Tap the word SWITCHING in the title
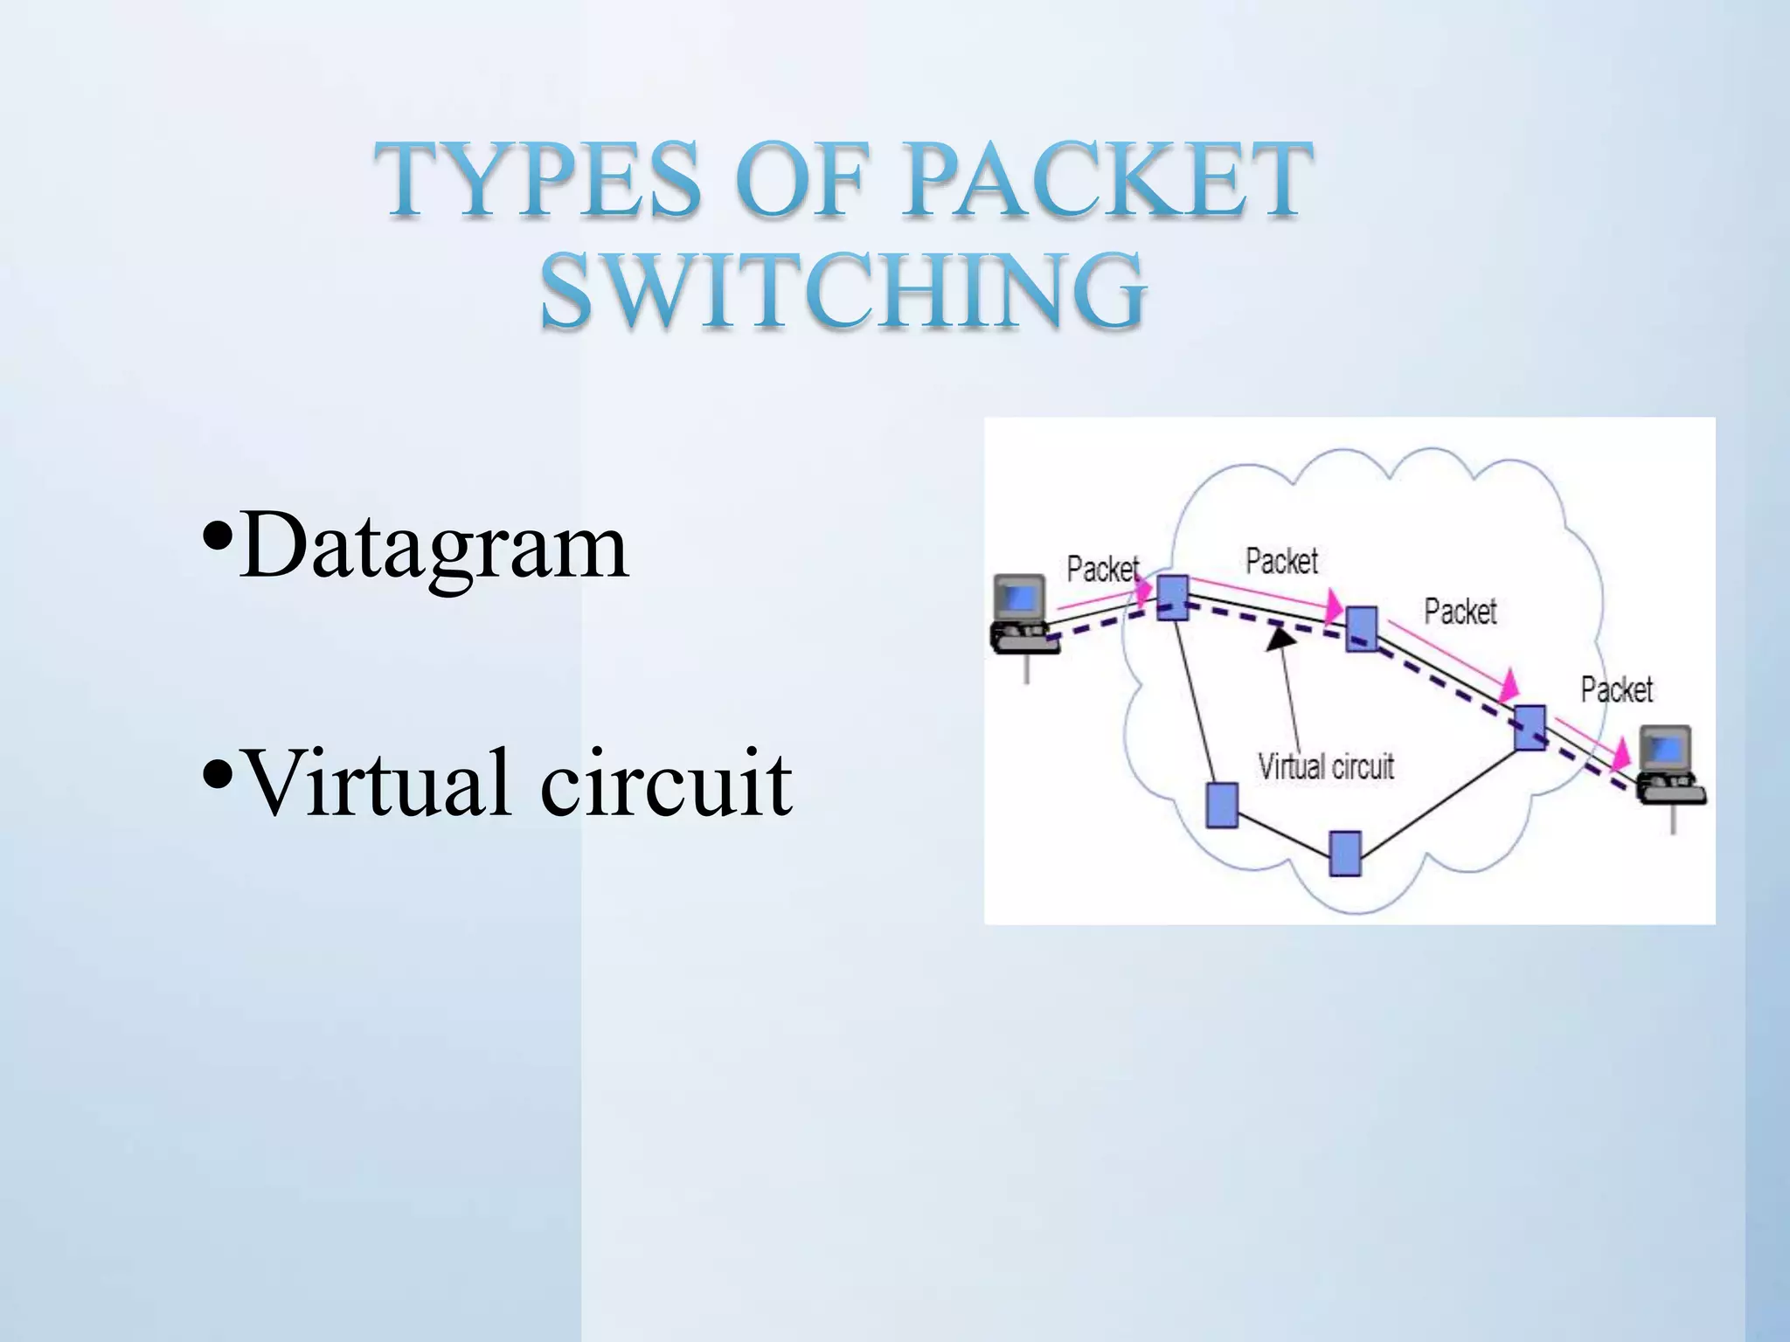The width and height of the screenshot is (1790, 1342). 843,290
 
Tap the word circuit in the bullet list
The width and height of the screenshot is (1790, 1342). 666,782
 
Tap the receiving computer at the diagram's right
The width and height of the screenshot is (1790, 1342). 1669,765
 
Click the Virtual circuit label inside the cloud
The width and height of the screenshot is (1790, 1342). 1325,767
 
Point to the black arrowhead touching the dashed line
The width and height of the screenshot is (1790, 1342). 1280,639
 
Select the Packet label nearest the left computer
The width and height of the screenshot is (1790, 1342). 1103,570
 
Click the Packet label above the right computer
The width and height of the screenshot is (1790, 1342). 1617,690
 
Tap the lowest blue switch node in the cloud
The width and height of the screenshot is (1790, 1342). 1345,854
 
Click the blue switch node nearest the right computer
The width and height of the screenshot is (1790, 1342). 1530,728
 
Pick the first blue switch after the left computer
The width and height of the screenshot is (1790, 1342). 1172,598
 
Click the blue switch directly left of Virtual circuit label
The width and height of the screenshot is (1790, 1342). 1222,805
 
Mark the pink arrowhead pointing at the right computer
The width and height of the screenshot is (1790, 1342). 1622,752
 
